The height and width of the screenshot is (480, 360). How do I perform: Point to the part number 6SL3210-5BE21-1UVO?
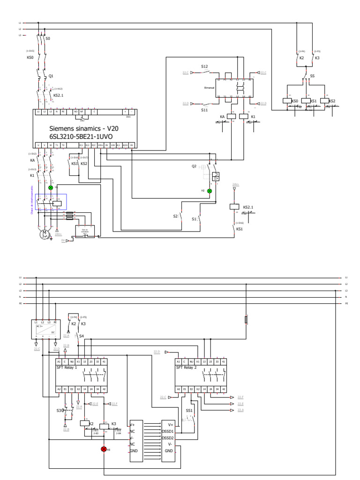[82, 136]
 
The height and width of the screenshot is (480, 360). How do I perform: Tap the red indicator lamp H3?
[104, 449]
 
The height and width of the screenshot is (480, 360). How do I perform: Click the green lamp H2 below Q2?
[210, 191]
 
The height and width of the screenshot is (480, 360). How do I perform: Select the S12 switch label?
[204, 67]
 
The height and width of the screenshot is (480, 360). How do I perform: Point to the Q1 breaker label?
[52, 75]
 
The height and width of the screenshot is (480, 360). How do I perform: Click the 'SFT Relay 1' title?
[67, 368]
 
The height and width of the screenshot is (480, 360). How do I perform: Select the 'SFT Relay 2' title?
[186, 368]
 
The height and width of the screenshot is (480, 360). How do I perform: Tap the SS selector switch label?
[312, 75]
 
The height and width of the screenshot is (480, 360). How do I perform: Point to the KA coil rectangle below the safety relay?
[231, 116]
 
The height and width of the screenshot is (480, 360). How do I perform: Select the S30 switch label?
[60, 410]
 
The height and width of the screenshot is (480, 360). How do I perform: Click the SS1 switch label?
[189, 410]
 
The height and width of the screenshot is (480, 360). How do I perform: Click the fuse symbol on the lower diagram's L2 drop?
[246, 320]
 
